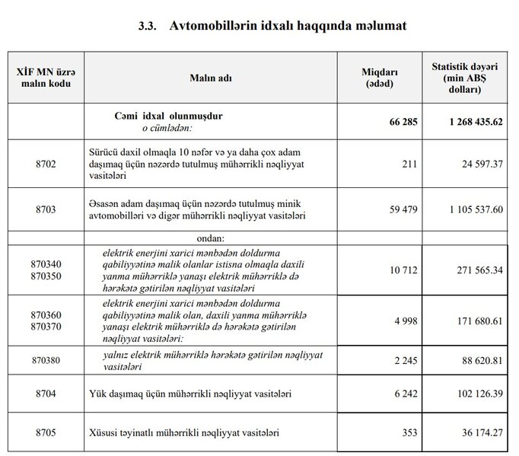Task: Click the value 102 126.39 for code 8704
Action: click(x=475, y=394)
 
